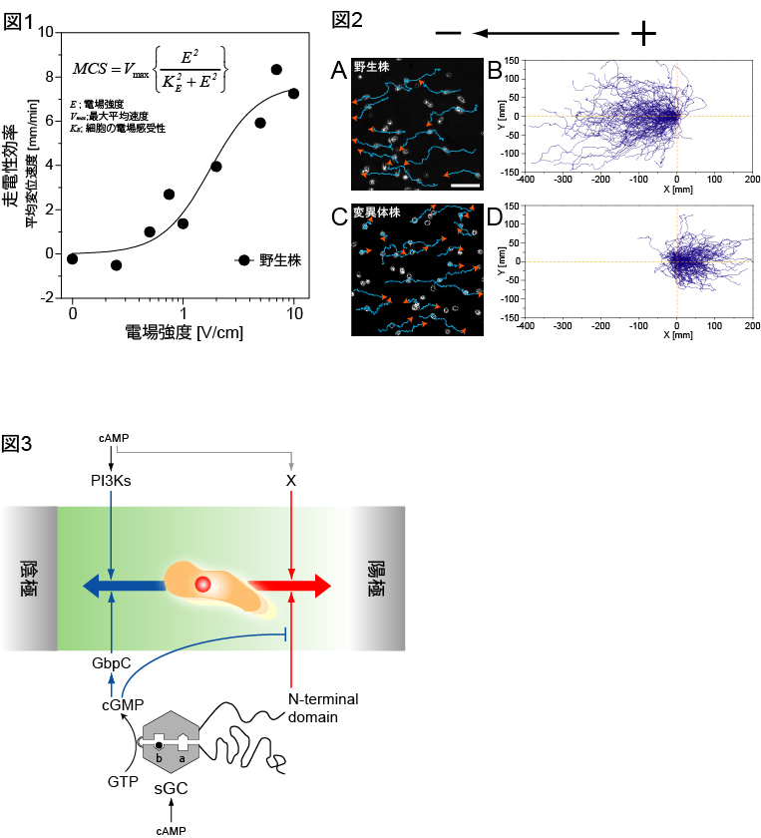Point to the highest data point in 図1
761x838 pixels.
tap(276, 70)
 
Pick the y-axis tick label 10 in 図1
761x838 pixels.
tap(44, 32)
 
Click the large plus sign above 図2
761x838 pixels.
tap(643, 34)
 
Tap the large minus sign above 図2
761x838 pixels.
tap(448, 33)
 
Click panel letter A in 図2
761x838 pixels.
tap(339, 71)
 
